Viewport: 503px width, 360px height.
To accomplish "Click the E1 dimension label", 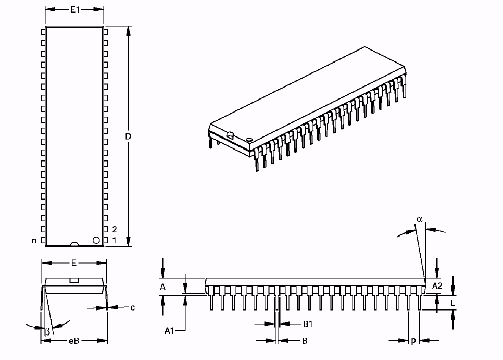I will pyautogui.click(x=74, y=9).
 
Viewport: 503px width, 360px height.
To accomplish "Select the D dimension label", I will pyautogui.click(x=128, y=136).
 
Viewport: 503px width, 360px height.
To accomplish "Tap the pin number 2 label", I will pyautogui.click(x=114, y=229).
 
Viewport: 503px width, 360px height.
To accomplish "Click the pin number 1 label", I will pyautogui.click(x=114, y=241).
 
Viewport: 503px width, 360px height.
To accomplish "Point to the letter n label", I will pyautogui.click(x=34, y=241).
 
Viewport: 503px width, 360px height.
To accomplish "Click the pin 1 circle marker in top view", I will pyautogui.click(x=96, y=240).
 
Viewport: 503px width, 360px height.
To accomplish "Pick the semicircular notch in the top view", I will pyautogui.click(x=74, y=244).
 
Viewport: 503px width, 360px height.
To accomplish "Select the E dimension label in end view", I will pyautogui.click(x=74, y=263).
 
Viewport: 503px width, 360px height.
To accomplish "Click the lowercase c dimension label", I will pyautogui.click(x=132, y=307).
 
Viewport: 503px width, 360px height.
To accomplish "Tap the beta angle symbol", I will pyautogui.click(x=47, y=331).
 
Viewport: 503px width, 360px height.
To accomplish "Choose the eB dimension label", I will pyautogui.click(x=74, y=341).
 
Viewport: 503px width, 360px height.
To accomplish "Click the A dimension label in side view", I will pyautogui.click(x=162, y=287).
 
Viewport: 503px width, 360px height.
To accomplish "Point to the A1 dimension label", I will pyautogui.click(x=169, y=330).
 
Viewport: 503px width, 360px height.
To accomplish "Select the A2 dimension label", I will pyautogui.click(x=437, y=285).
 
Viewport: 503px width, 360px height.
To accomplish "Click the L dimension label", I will pyautogui.click(x=452, y=302).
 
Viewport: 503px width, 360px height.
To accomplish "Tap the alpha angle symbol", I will pyautogui.click(x=420, y=219).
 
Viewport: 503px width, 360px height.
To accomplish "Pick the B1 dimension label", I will pyautogui.click(x=308, y=324).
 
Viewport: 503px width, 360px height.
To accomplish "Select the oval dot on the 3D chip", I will pyautogui.click(x=249, y=140).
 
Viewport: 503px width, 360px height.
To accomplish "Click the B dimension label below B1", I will pyautogui.click(x=305, y=341).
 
